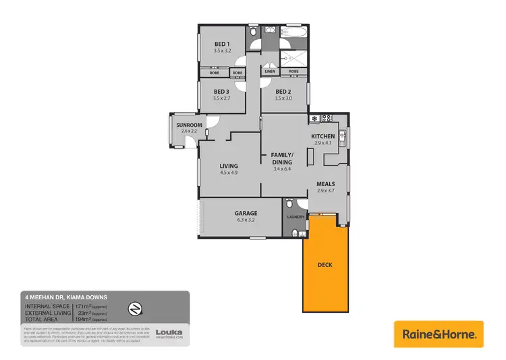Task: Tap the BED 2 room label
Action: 284,92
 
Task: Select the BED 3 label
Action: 222,92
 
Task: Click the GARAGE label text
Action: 246,213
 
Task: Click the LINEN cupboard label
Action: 270,71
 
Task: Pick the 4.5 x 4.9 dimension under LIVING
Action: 228,173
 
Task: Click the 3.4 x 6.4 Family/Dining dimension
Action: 282,169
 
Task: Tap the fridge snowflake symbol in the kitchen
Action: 314,119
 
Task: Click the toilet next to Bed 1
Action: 253,32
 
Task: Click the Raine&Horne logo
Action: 439,334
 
